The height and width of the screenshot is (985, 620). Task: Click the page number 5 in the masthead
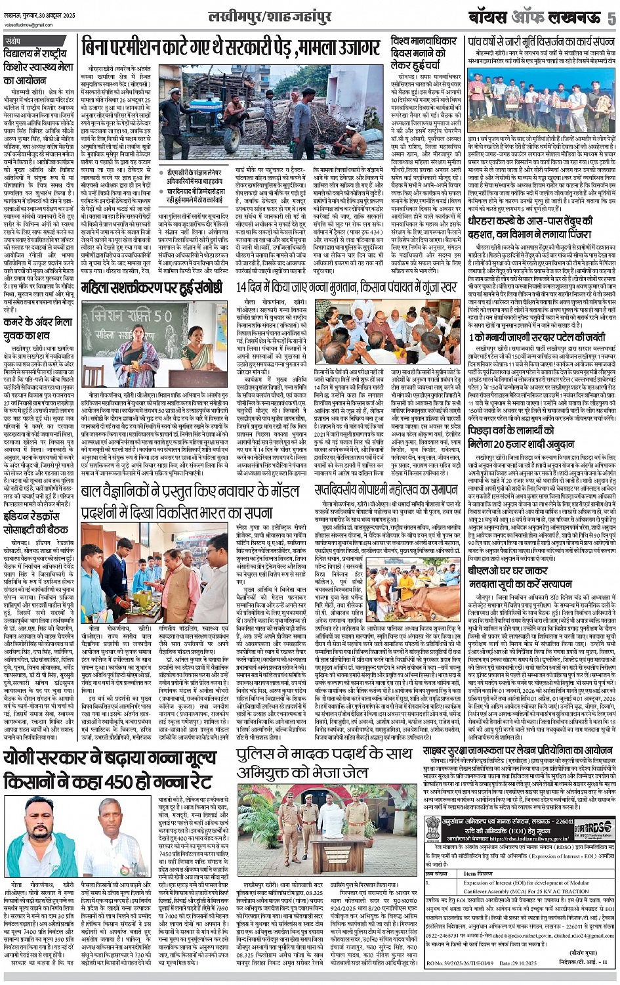pyautogui.click(x=611, y=18)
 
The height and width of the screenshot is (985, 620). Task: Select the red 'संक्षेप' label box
pyautogui.click(x=14, y=41)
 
